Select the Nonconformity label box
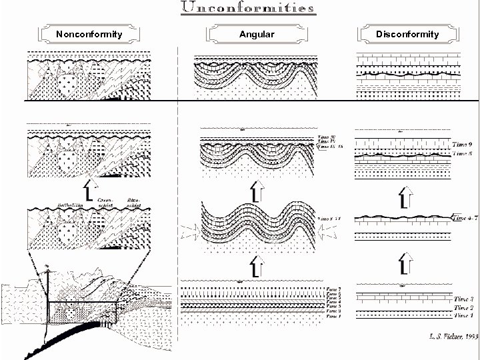89,33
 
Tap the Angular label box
256,33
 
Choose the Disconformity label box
407,33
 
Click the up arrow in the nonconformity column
95,189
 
